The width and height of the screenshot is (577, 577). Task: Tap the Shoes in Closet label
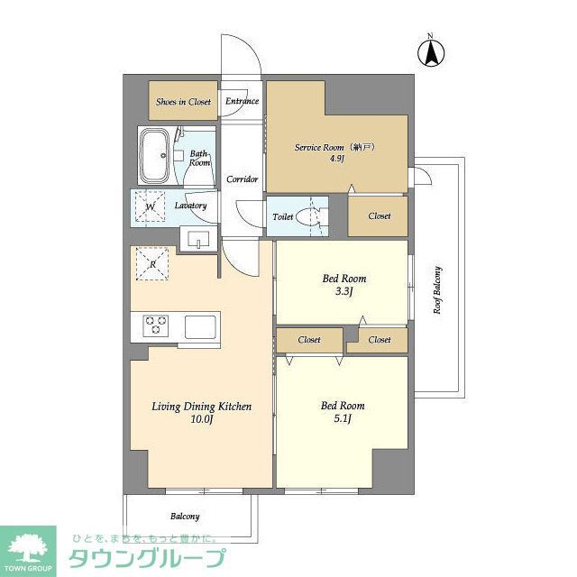[x=183, y=102]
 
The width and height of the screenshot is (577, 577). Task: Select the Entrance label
[x=242, y=102]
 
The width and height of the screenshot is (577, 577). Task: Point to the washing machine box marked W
[x=151, y=206]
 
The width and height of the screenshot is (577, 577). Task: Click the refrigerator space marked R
[x=151, y=263]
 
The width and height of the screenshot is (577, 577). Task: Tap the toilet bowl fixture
[x=309, y=217]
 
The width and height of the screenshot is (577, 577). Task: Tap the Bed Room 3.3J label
[x=343, y=284]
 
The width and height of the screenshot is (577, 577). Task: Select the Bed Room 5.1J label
[x=342, y=411]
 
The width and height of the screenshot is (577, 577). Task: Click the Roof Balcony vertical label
[x=437, y=288]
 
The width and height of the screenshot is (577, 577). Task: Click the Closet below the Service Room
[x=379, y=216]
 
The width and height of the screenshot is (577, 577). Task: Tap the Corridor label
[x=242, y=179]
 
